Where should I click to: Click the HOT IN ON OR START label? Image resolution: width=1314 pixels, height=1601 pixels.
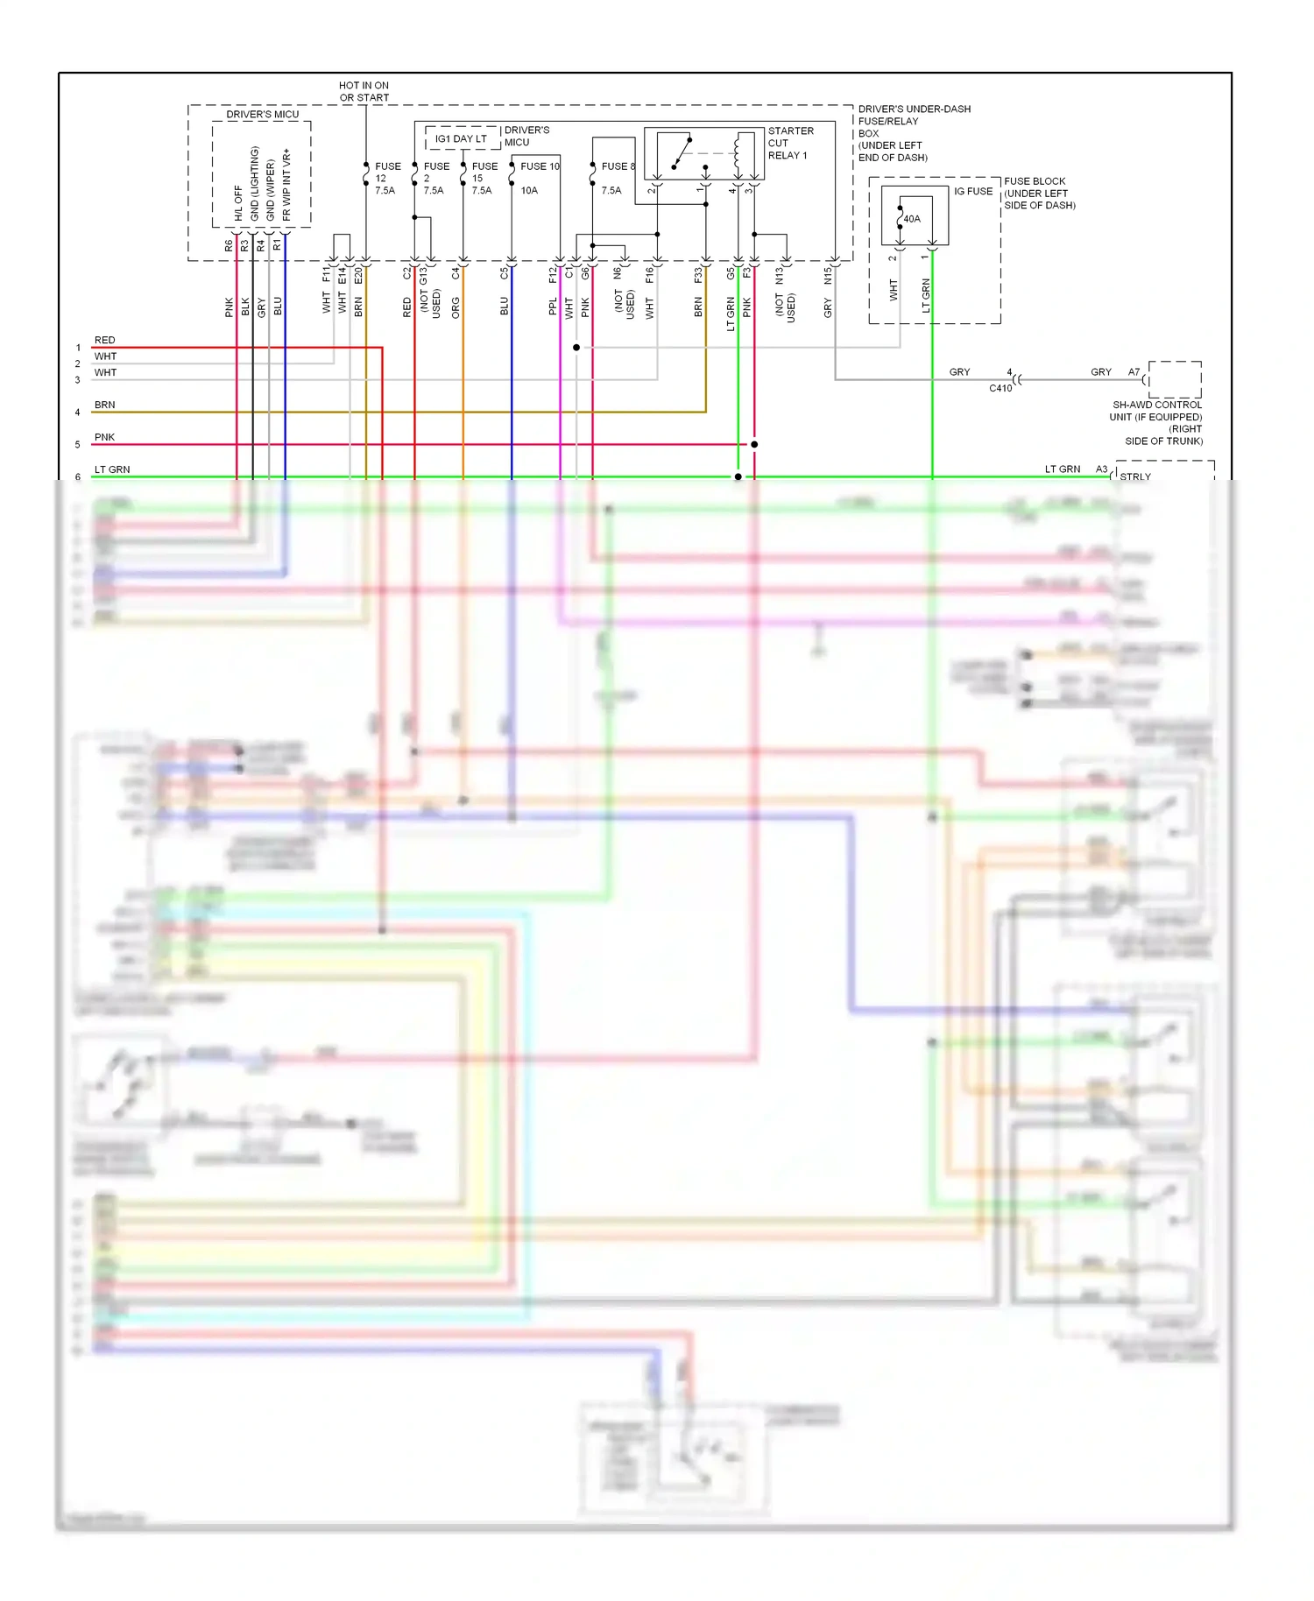[x=364, y=92]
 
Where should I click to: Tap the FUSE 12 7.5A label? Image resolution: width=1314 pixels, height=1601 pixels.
[x=386, y=178]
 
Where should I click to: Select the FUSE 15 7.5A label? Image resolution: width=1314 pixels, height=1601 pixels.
[x=484, y=178]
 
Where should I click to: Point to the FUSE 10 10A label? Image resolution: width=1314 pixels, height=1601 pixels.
[x=538, y=178]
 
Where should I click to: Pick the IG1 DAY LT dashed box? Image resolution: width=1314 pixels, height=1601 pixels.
[x=462, y=138]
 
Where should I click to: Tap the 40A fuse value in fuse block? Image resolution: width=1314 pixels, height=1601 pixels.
[x=912, y=219]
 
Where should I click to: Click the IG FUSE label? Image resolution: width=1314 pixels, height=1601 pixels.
[x=973, y=191]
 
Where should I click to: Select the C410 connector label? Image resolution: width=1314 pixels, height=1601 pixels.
[x=1000, y=388]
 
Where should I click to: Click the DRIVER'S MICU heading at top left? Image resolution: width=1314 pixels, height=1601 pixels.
[x=262, y=114]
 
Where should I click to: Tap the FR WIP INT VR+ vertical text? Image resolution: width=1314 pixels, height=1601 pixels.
[x=286, y=184]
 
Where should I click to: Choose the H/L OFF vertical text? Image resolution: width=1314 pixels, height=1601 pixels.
[x=238, y=202]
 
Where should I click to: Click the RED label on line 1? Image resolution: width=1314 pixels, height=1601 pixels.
[x=104, y=340]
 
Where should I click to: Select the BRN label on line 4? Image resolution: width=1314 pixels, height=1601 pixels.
[x=104, y=405]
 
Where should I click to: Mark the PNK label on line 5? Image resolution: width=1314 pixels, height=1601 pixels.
[x=104, y=437]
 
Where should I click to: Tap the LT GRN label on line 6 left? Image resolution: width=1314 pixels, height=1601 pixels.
[x=111, y=469]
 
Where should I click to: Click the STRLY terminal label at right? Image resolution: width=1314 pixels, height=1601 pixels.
[x=1135, y=477]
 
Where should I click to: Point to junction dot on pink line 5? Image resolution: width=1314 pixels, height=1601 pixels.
[x=754, y=444]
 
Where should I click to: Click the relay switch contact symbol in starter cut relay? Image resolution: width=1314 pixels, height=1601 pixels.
[x=681, y=153]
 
